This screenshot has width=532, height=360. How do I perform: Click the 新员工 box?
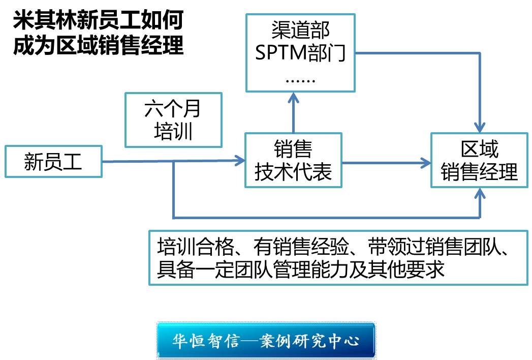point(53,162)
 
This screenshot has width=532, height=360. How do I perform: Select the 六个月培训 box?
point(173,120)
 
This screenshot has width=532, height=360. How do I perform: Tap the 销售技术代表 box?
point(293,160)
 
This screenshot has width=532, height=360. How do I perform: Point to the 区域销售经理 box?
point(479,160)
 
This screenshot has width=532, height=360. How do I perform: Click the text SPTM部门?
point(300,53)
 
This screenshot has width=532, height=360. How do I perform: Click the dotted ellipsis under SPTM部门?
point(300,79)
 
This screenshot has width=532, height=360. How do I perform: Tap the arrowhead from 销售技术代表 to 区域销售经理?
point(426,163)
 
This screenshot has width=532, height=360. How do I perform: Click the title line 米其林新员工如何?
point(98,21)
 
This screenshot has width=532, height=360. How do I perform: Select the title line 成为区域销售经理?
point(98,45)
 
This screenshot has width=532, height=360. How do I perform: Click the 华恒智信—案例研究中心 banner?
point(266,340)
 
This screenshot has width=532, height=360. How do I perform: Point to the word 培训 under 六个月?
point(173,131)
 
